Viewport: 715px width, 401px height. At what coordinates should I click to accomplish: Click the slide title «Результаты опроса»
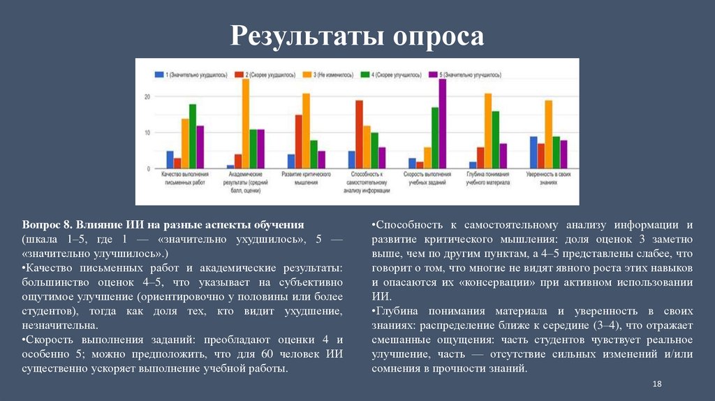pos(357,36)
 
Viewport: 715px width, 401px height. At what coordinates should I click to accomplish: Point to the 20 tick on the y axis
pos(147,96)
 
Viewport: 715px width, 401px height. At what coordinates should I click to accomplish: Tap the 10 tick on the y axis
pos(147,133)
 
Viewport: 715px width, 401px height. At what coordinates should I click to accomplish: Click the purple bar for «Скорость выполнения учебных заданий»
pos(442,124)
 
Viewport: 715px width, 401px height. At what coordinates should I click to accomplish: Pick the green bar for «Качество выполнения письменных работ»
pos(193,137)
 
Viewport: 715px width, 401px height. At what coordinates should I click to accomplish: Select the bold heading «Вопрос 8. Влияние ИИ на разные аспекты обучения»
pos(163,225)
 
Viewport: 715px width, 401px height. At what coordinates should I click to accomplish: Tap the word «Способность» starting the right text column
pos(405,225)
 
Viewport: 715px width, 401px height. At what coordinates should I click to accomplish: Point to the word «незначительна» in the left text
pos(59,326)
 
